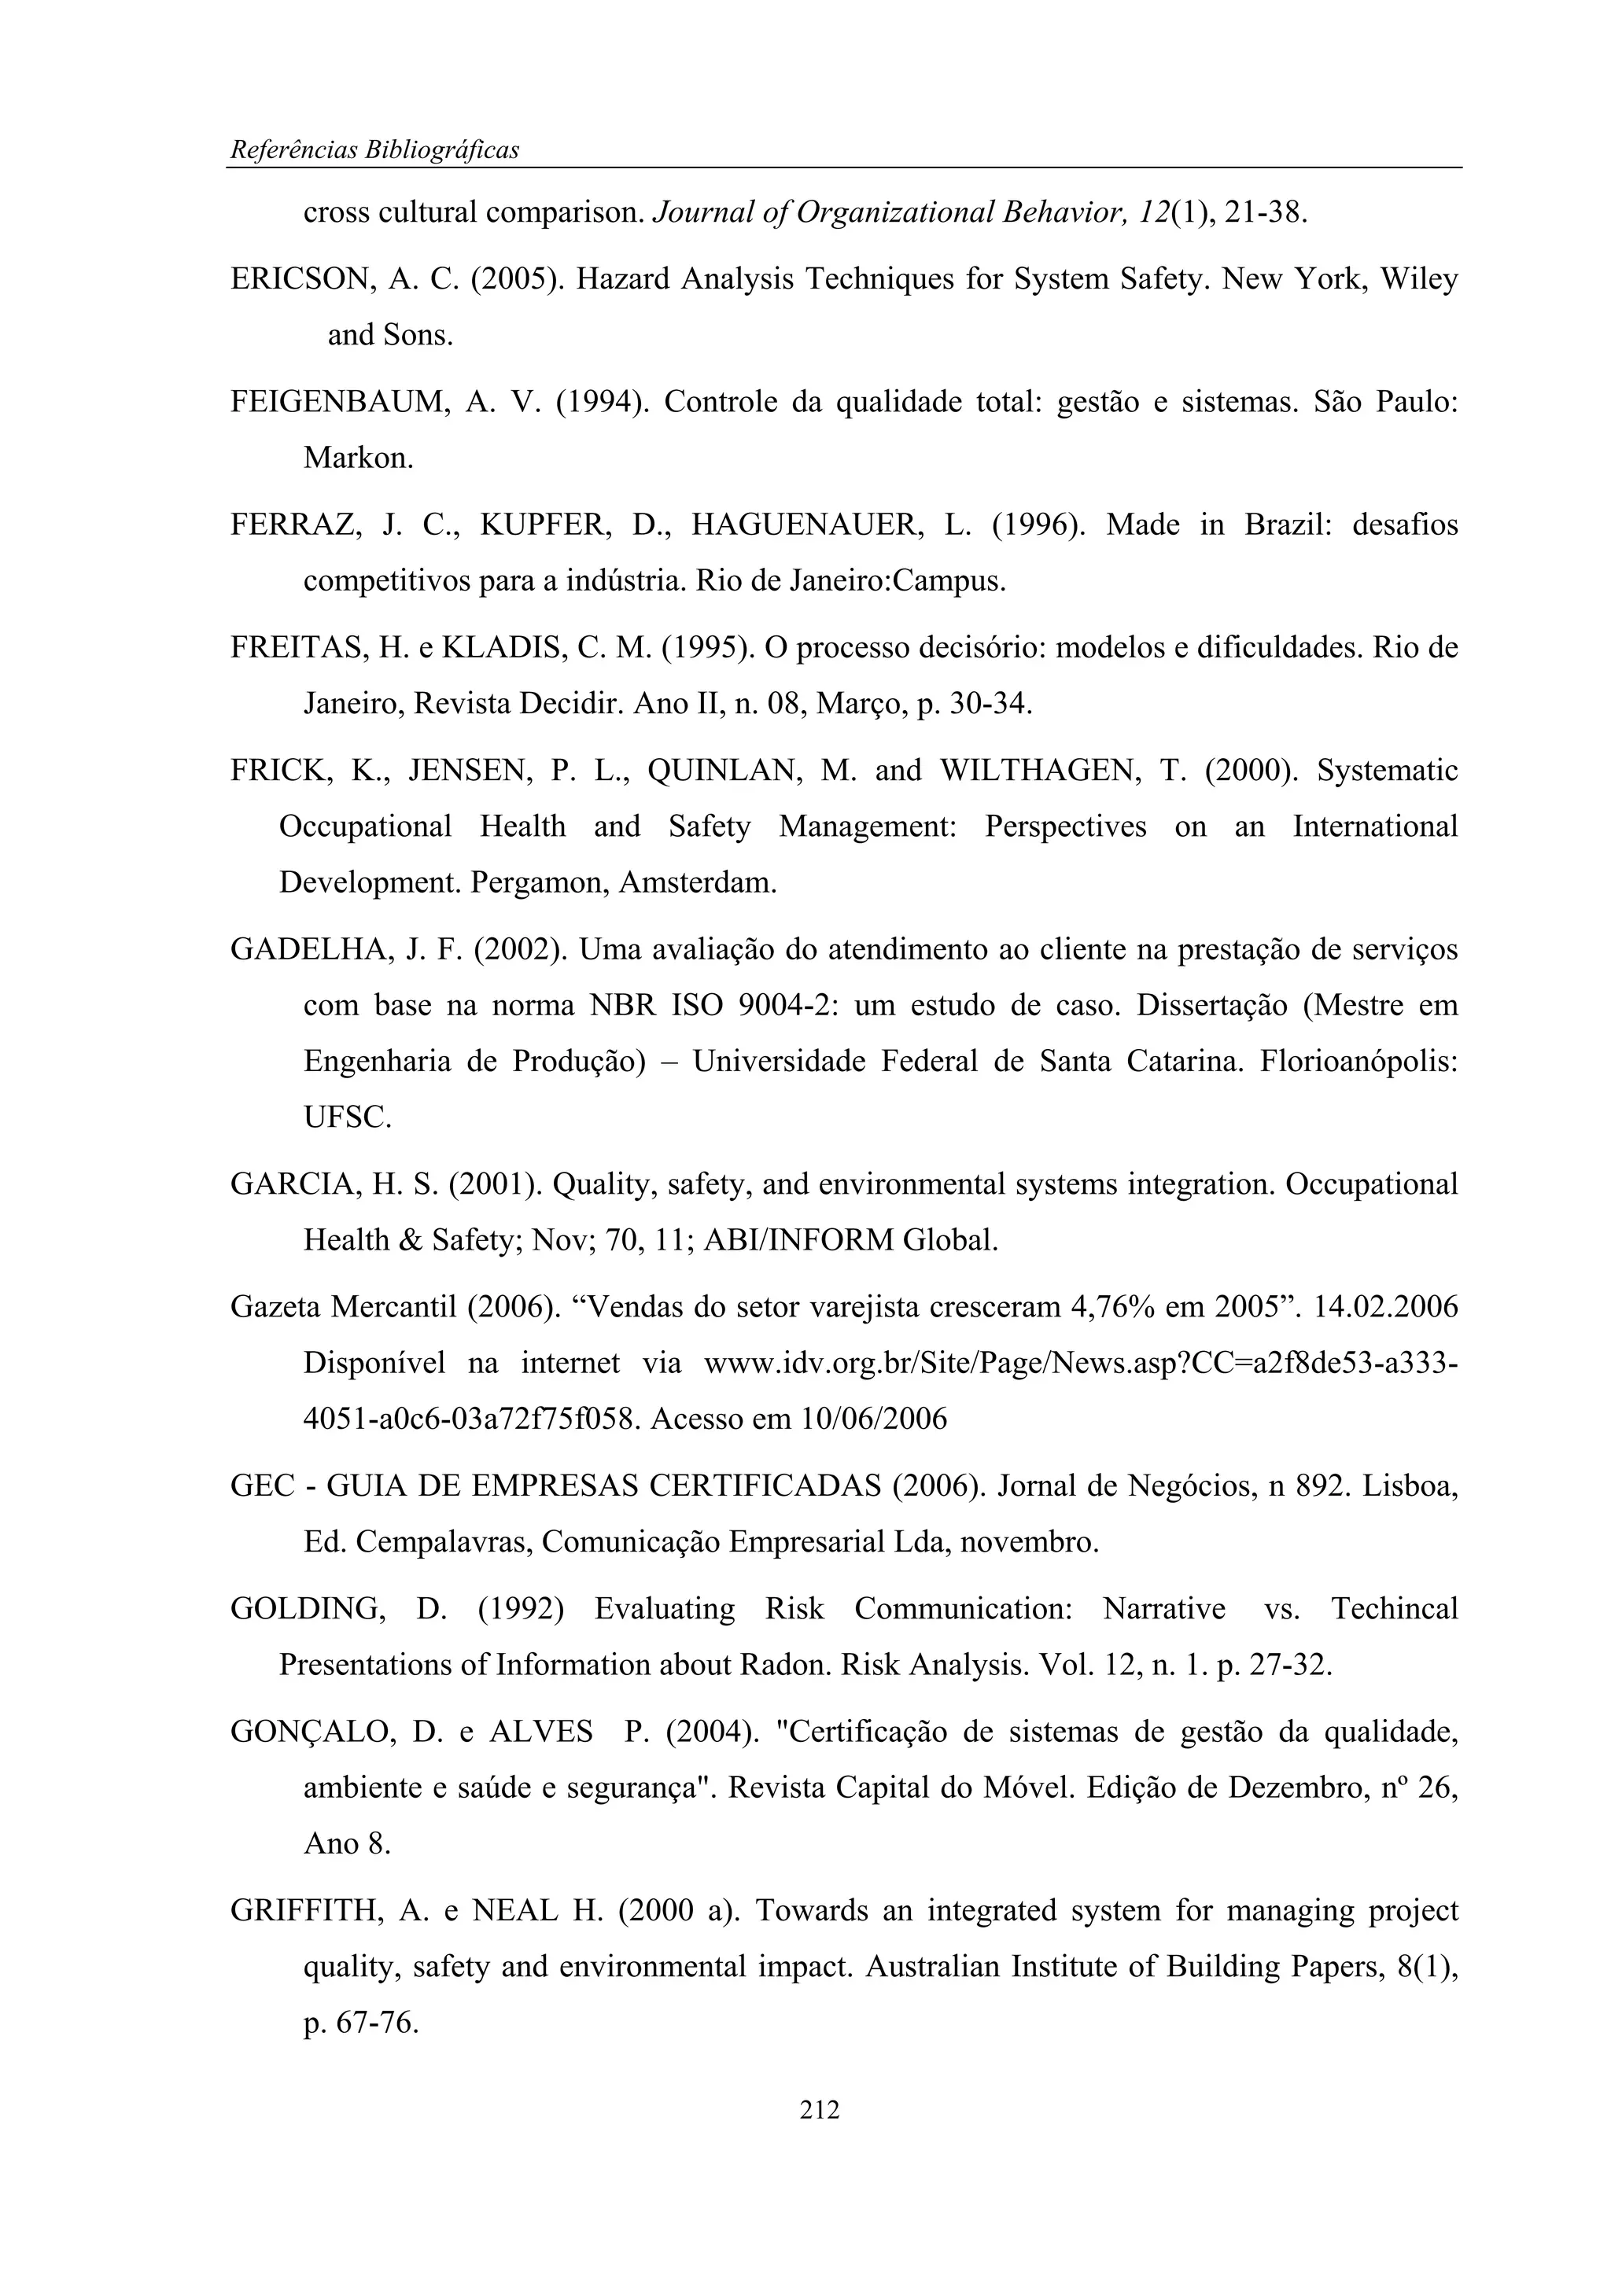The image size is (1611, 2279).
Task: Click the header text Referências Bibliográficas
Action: click(374, 150)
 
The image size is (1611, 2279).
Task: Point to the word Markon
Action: click(357, 458)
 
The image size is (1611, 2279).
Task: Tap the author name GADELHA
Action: click(310, 950)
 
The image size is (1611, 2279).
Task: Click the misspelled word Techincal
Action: click(1394, 1609)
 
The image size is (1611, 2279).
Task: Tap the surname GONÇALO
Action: click(306, 1732)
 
